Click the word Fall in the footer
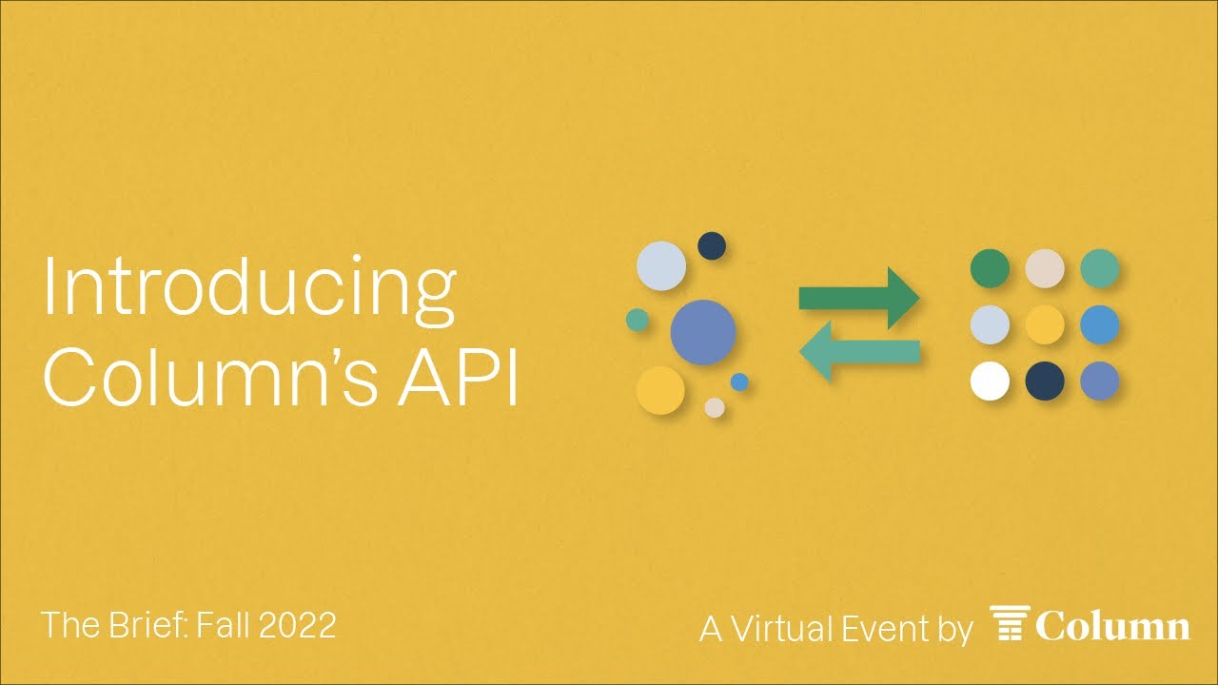coord(224,625)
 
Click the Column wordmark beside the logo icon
coord(1112,626)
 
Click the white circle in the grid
coord(990,382)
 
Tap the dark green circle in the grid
coord(990,268)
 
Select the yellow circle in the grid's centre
coord(1045,325)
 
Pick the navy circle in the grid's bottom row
coord(1045,382)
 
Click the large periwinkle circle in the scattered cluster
coord(703,332)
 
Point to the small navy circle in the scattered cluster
coord(712,246)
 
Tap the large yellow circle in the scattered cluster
coord(660,390)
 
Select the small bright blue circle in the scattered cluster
coord(739,382)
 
